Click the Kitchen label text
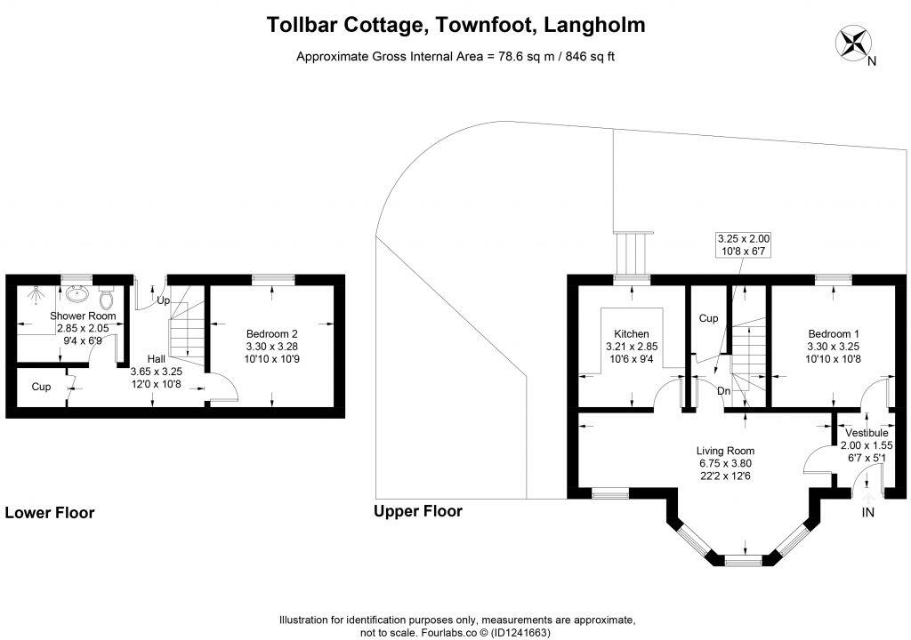coord(632,333)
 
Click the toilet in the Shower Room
coord(106,295)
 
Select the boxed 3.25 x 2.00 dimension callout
coord(745,245)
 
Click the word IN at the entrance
coord(868,512)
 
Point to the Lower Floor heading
coord(50,512)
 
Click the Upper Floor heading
coord(418,511)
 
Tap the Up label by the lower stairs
coord(164,300)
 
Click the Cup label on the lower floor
coord(41,387)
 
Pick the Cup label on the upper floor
coord(708,317)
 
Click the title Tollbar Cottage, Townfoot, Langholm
coord(456,26)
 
